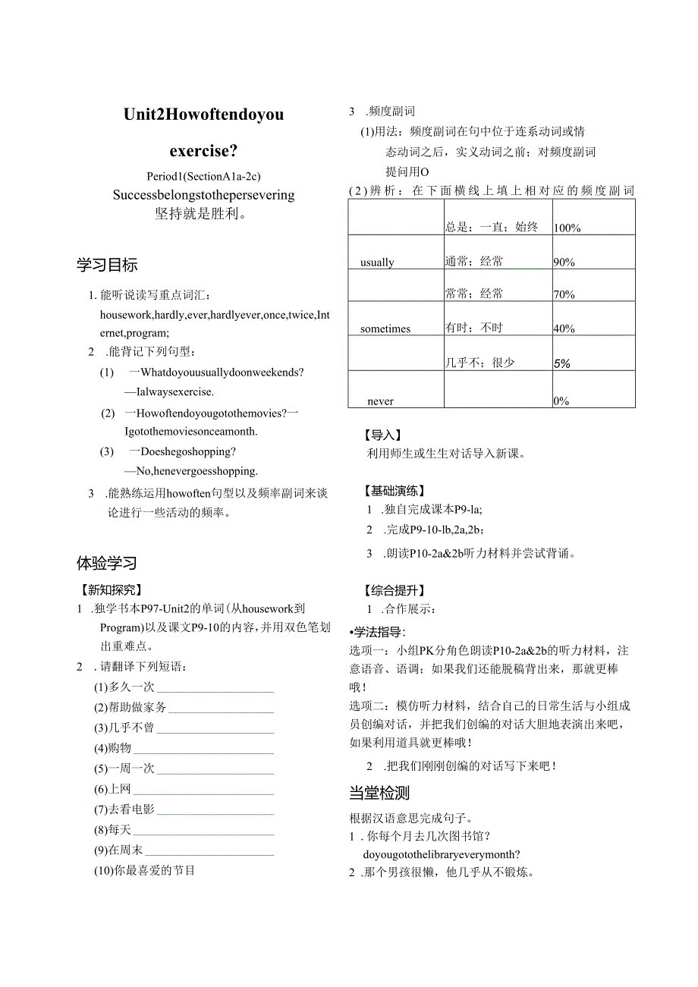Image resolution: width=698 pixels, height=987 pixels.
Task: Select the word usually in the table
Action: coord(377,262)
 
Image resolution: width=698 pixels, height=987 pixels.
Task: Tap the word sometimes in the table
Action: coord(385,328)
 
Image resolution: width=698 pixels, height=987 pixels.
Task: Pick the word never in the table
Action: coord(381,401)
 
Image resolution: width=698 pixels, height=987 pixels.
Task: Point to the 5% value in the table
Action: coord(562,363)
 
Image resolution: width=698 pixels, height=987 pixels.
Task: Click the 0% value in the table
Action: coord(561,401)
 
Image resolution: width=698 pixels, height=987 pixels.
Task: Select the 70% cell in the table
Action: coord(564,294)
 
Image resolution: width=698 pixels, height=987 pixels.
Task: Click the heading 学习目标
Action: coord(107,266)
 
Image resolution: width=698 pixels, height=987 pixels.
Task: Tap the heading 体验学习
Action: coord(107,563)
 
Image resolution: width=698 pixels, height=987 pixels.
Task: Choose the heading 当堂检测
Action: coord(379,793)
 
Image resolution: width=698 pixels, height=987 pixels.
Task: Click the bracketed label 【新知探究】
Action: coord(111,589)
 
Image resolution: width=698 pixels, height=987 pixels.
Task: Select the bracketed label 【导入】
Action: coord(384,435)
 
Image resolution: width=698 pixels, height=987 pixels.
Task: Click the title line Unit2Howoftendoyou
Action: coord(203,115)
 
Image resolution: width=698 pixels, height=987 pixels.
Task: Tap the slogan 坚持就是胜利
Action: coord(202,213)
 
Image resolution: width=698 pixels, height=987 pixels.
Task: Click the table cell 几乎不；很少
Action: coord(479,363)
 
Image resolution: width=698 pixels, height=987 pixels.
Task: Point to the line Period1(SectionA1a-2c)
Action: coord(203,176)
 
